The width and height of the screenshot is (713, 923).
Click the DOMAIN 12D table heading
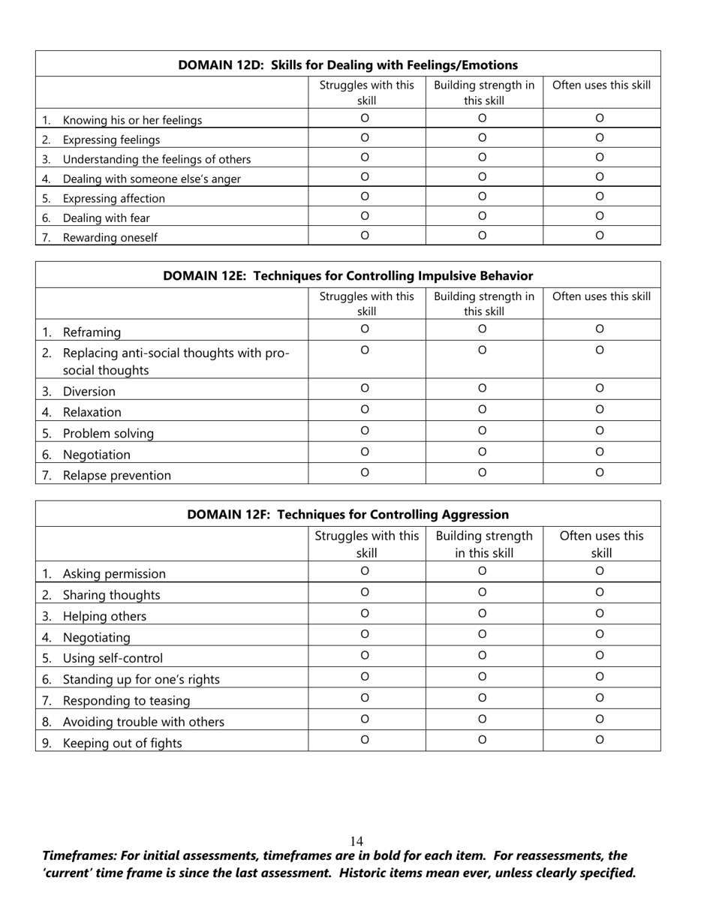pos(347,65)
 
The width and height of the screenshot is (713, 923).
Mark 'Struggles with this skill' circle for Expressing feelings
pos(365,138)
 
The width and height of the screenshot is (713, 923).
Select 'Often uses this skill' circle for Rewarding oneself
pos(600,236)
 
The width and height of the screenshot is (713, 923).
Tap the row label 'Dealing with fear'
pos(106,218)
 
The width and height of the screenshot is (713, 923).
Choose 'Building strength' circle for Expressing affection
pos(483,197)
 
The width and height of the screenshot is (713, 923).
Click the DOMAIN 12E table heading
pos(347,276)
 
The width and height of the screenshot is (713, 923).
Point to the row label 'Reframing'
pos(92,332)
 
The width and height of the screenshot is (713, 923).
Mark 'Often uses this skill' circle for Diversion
pos(600,389)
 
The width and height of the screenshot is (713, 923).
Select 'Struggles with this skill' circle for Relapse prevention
pos(365,473)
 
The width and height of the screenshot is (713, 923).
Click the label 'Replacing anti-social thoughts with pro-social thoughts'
pos(175,361)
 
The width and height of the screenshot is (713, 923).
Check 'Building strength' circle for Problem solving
pos(483,431)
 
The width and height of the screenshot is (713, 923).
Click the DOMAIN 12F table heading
pos(347,515)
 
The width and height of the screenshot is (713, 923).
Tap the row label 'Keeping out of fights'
pos(122,744)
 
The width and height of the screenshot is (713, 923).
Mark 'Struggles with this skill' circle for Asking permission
pos(365,572)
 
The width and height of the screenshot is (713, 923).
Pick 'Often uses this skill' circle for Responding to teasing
pos(600,698)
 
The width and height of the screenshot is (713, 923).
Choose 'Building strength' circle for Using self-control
pos(483,656)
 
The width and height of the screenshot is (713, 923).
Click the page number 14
pos(356,841)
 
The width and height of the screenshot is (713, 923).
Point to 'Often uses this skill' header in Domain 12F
pos(601,545)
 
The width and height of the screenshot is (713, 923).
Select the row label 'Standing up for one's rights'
pos(141,680)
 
